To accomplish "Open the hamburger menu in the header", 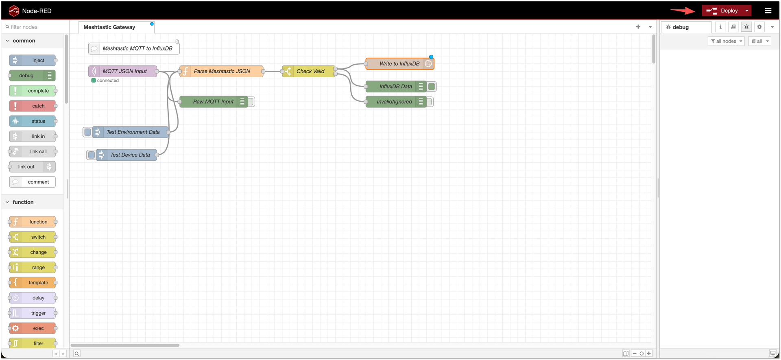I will point(768,11).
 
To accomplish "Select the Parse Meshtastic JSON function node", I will point(222,71).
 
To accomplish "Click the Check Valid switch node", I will point(310,71).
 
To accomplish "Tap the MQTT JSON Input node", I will point(124,71).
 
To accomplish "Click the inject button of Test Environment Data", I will point(87,132).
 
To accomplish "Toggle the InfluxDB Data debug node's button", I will point(432,87).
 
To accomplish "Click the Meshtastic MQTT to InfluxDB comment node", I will point(137,48).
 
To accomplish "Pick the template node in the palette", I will point(38,283).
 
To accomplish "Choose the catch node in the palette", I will point(38,106).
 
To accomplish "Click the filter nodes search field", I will point(37,27).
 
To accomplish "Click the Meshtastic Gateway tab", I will point(109,27).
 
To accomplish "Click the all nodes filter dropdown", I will point(726,41).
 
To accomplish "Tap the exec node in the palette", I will point(38,328).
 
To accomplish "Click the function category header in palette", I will point(23,202).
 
